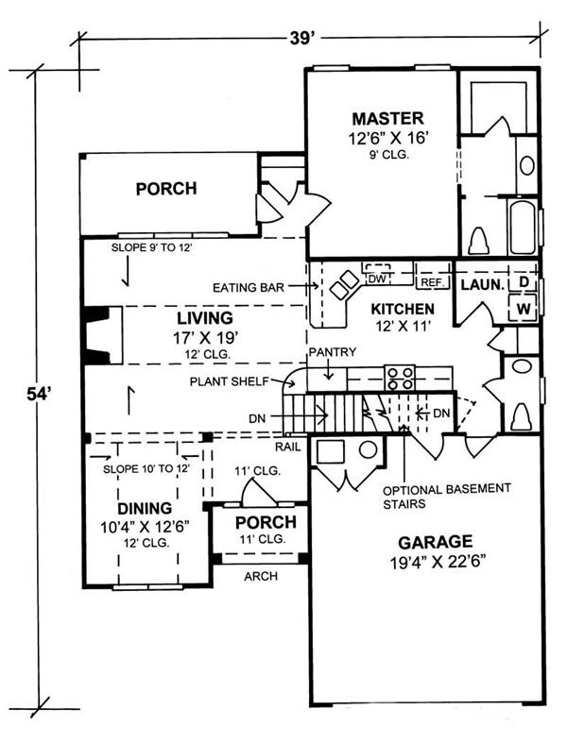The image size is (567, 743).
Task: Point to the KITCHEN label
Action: point(402,309)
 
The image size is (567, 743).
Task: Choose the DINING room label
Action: point(146,506)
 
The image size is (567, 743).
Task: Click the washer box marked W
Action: point(523,308)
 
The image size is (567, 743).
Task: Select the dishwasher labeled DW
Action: point(376,279)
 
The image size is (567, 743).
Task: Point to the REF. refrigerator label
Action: point(432,281)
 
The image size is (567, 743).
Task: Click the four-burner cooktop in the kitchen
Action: point(401,378)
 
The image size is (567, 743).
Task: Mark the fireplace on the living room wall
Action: point(94,335)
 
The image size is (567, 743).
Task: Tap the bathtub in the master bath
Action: point(523,226)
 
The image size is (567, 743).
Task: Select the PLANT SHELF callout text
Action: point(227,382)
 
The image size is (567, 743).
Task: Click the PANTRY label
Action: point(332,352)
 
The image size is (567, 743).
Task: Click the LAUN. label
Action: point(480,283)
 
